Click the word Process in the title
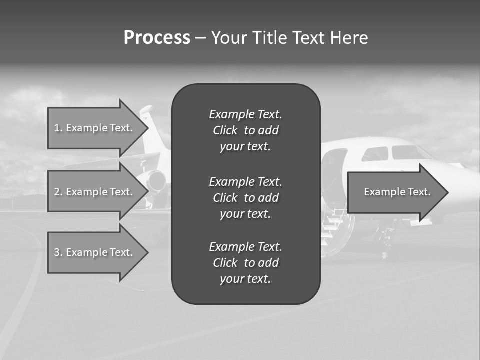tap(157, 38)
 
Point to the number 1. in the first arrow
tap(58, 128)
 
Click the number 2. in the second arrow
tap(58, 192)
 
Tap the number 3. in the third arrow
tap(58, 252)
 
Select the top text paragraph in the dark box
tap(245, 130)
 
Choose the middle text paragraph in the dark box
tap(245, 198)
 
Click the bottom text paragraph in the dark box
tap(245, 263)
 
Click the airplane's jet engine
tap(156, 180)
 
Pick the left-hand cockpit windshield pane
tap(375, 154)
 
